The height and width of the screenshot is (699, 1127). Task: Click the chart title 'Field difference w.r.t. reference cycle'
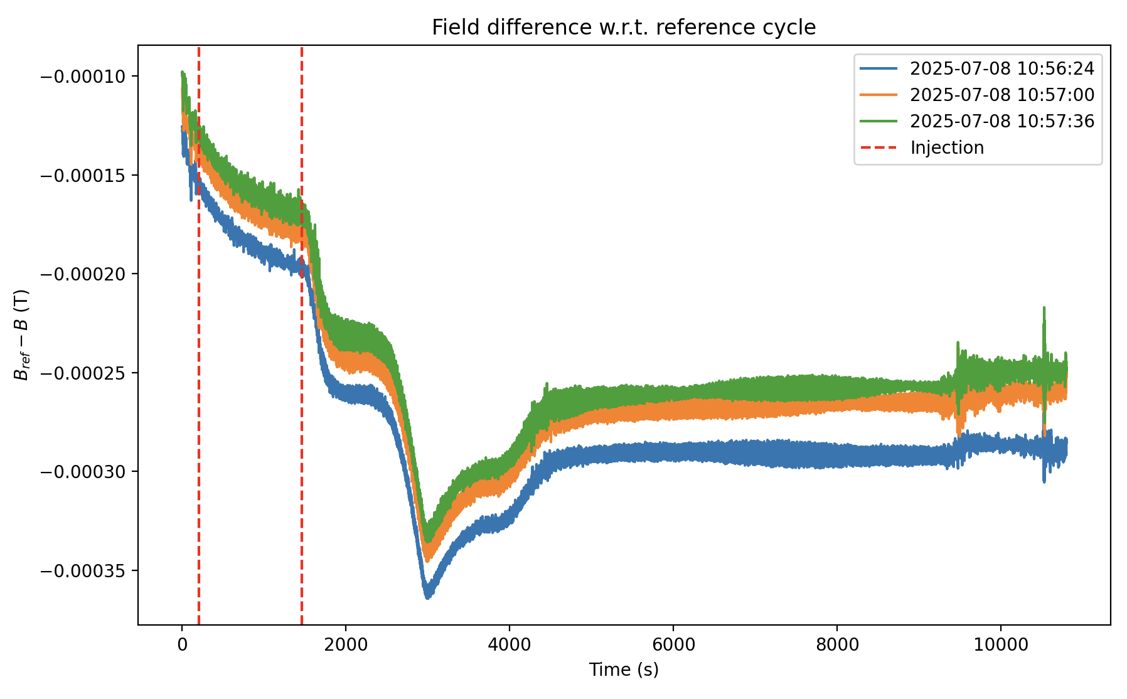(624, 28)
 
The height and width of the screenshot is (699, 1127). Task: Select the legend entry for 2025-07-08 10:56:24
(1001, 68)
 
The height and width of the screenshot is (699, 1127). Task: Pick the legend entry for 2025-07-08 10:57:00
(1001, 95)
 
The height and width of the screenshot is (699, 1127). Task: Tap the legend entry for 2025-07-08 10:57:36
(1001, 121)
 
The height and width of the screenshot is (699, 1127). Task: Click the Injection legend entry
(946, 147)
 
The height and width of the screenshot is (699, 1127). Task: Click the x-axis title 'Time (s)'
(624, 670)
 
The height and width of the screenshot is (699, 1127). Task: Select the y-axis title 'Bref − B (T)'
(22, 334)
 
